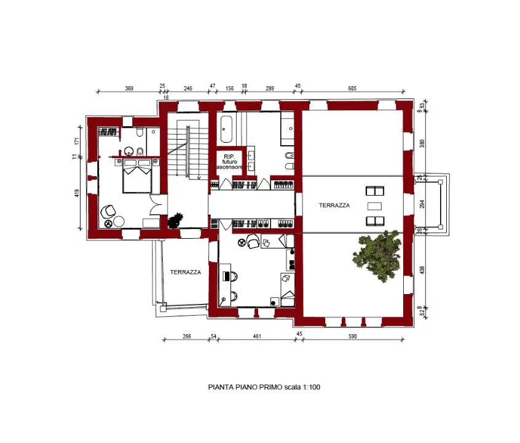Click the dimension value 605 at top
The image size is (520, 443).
pyautogui.click(x=352, y=89)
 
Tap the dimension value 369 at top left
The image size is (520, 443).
pyautogui.click(x=129, y=89)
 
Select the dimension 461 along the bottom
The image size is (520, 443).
pyautogui.click(x=257, y=336)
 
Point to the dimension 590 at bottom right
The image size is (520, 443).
pyautogui.click(x=352, y=336)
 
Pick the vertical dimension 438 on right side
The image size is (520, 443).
pyautogui.click(x=422, y=269)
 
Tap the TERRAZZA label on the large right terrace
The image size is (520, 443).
pyautogui.click(x=334, y=206)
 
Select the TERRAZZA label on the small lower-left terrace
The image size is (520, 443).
pyautogui.click(x=185, y=272)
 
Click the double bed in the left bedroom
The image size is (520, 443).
pyautogui.click(x=137, y=176)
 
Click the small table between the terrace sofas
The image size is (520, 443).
pyautogui.click(x=374, y=206)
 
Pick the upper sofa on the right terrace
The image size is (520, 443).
pyautogui.click(x=374, y=191)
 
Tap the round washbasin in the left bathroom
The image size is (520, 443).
pyautogui.click(x=130, y=151)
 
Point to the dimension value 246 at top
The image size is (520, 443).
pyautogui.click(x=188, y=89)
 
